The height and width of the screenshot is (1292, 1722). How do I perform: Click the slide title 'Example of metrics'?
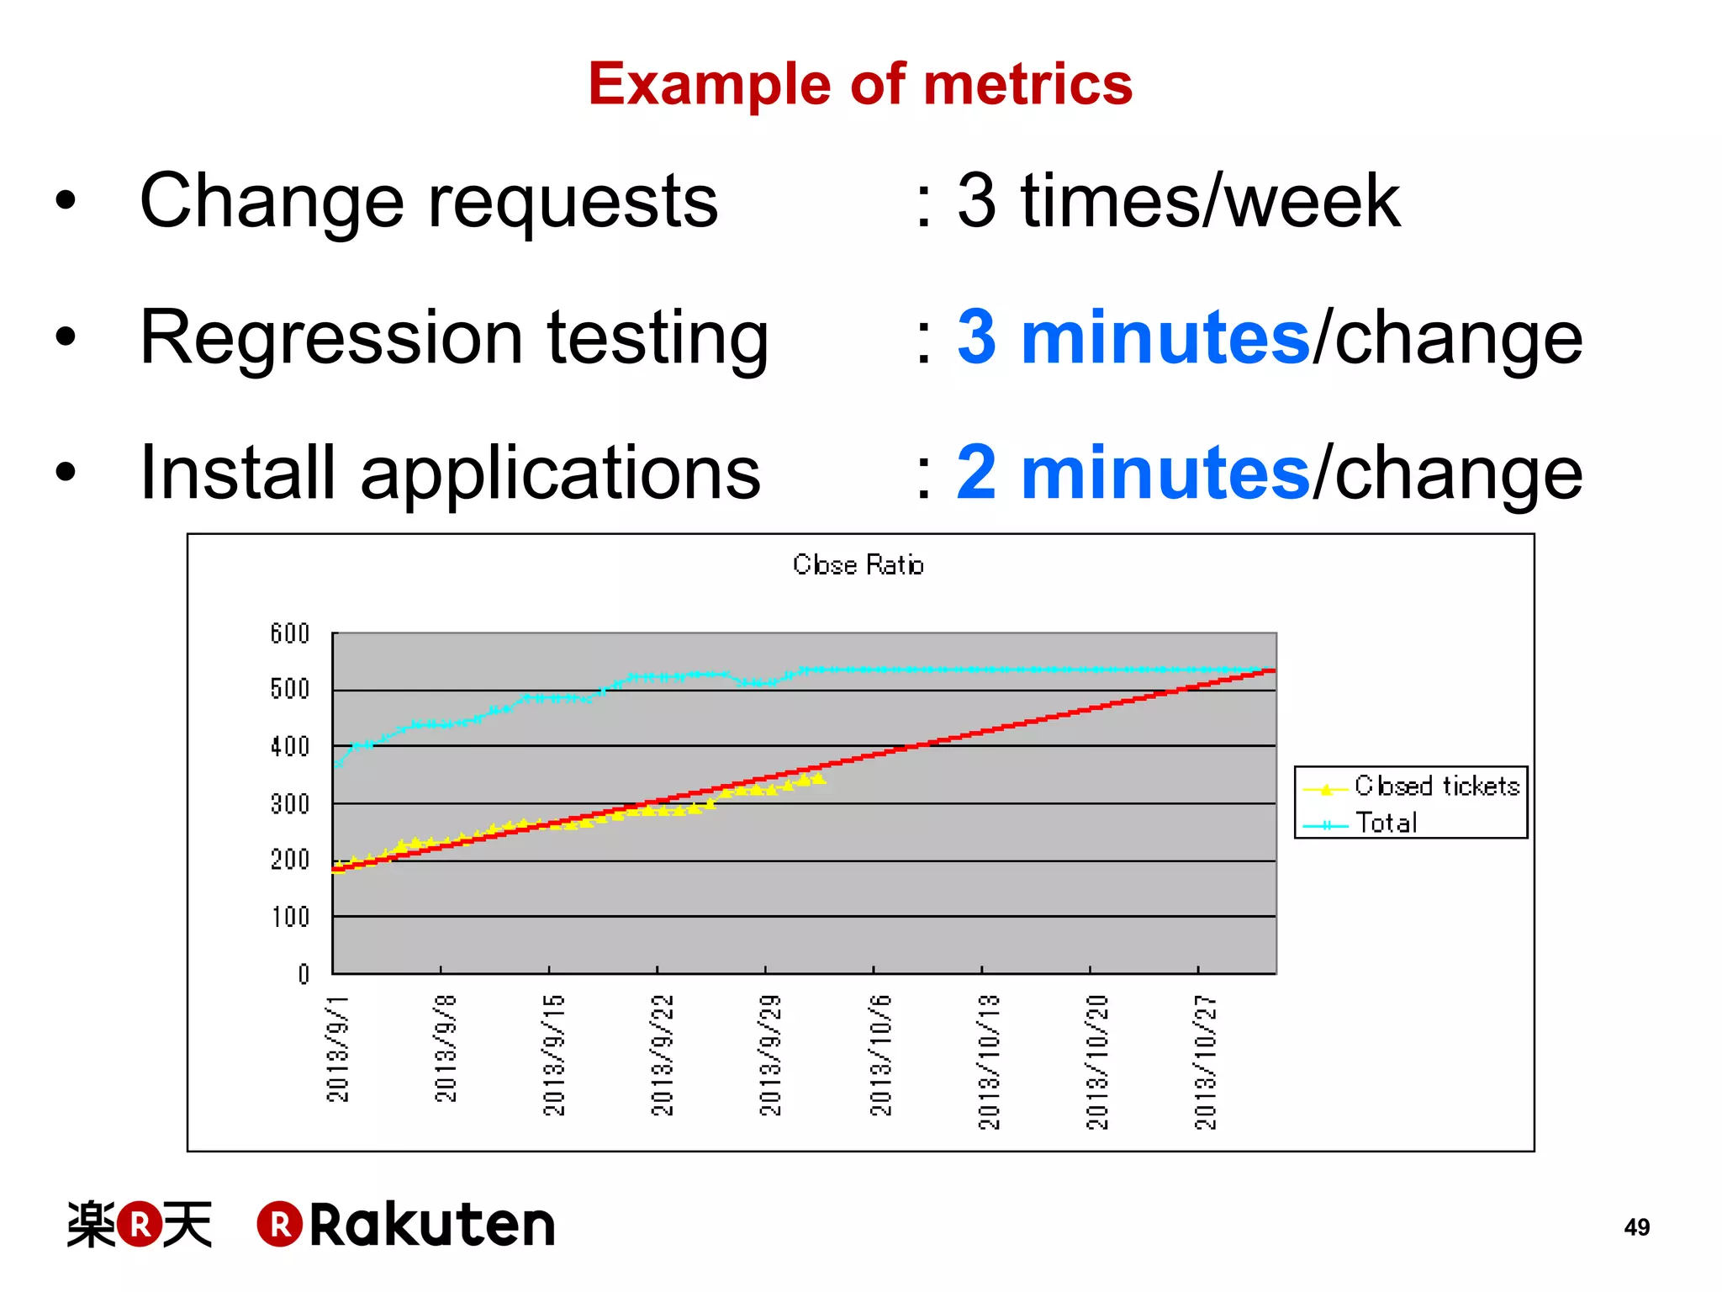click(860, 84)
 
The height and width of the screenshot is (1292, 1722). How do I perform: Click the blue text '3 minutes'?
click(1133, 337)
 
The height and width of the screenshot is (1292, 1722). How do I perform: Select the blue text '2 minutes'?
click(1133, 473)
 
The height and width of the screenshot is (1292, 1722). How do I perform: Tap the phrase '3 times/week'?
click(1178, 201)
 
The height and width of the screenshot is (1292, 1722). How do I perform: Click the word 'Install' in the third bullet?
click(237, 473)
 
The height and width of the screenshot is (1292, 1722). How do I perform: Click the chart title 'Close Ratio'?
click(858, 564)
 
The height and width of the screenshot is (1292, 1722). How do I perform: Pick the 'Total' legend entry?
click(1386, 823)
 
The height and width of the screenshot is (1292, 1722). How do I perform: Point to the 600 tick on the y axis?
click(290, 633)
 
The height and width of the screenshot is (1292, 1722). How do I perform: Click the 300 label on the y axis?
click(290, 804)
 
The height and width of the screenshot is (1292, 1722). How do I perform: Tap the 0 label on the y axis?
click(304, 974)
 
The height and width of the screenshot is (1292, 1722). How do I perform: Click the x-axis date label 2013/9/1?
click(337, 1048)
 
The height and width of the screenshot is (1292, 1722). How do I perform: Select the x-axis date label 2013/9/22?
click(663, 1055)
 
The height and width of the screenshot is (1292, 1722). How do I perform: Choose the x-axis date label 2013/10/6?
click(879, 1055)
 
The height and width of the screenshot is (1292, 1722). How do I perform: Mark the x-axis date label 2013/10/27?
click(1205, 1062)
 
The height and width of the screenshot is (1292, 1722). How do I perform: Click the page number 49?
click(1636, 1227)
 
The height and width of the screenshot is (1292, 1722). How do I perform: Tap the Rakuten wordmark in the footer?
click(431, 1225)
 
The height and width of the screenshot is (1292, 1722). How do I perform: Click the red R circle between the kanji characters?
click(140, 1224)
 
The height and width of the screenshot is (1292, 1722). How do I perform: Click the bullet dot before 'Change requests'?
click(66, 202)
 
